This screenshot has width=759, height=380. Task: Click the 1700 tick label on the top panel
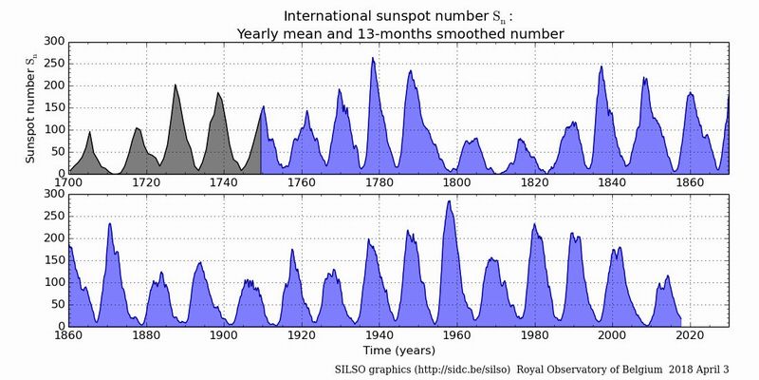click(x=68, y=182)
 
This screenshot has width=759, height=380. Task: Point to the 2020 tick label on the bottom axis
click(x=690, y=335)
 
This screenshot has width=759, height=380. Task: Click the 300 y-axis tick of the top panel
click(x=51, y=41)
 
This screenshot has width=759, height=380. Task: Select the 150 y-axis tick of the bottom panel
click(x=51, y=259)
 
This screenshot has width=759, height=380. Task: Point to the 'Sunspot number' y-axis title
click(x=30, y=106)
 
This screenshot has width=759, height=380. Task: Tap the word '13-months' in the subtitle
click(x=382, y=33)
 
